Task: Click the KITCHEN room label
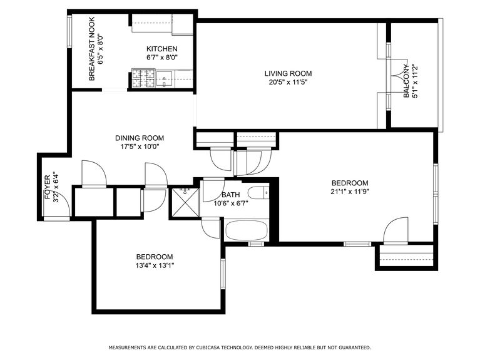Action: pos(161,49)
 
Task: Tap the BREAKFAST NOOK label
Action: pos(91,57)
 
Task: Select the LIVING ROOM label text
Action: pos(288,73)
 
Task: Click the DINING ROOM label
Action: pos(139,138)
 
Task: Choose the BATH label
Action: pos(230,195)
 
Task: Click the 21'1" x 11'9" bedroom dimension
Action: pos(350,192)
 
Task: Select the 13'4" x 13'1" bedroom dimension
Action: pos(155,265)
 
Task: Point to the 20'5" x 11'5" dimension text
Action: pos(288,82)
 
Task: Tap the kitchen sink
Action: pos(165,80)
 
